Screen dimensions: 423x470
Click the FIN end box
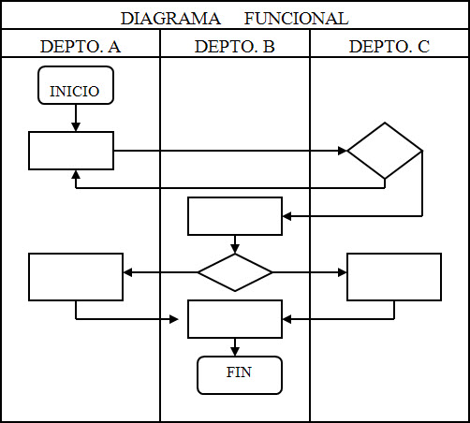[239, 375]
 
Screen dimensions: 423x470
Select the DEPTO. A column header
[81, 46]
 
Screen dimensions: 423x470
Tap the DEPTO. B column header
[234, 46]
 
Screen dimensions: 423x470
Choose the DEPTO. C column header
[389, 46]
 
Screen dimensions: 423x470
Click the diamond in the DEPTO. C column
[385, 150]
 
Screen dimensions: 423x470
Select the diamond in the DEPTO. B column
[235, 272]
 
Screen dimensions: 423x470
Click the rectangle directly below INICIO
[71, 151]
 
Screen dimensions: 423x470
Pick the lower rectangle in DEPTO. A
[76, 277]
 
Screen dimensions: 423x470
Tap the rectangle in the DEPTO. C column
[394, 277]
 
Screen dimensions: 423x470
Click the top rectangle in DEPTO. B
[235, 216]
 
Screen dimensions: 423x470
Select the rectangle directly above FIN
[235, 319]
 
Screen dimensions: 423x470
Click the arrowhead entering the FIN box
[235, 352]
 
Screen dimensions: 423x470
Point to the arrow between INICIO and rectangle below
[76, 117]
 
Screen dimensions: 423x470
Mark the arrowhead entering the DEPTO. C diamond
[342, 150]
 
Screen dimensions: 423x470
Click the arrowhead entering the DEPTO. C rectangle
[342, 272]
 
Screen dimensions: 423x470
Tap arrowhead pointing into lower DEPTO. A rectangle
[128, 272]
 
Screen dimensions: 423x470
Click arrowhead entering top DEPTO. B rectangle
[287, 216]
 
